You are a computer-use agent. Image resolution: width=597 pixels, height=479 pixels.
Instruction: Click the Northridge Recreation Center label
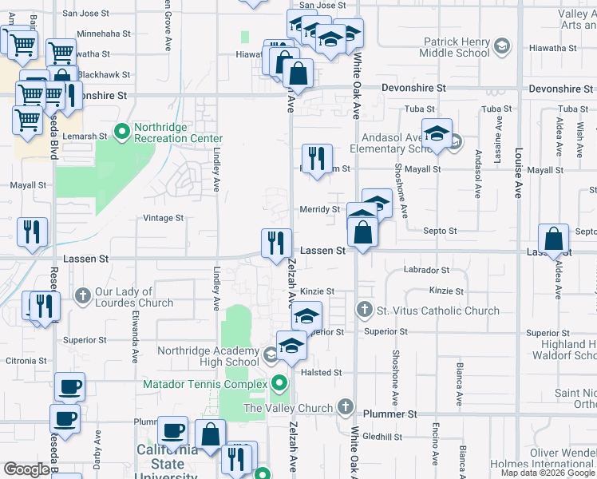[x=177, y=132]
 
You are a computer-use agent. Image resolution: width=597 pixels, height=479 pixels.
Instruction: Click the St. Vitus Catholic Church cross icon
[x=365, y=309]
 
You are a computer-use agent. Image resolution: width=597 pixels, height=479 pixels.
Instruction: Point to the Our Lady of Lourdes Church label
[x=133, y=297]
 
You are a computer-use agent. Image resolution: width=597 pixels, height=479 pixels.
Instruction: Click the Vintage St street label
[x=163, y=217]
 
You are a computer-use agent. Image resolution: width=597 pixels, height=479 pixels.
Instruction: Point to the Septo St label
[x=440, y=231]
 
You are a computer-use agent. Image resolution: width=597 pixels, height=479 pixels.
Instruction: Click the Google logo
[x=26, y=469]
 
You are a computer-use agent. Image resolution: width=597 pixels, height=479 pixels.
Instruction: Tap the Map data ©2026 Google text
[x=548, y=473]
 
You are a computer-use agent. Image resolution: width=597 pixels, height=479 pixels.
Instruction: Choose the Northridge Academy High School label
[x=208, y=356]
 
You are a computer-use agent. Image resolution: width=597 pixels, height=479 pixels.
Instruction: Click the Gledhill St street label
[x=382, y=437]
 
